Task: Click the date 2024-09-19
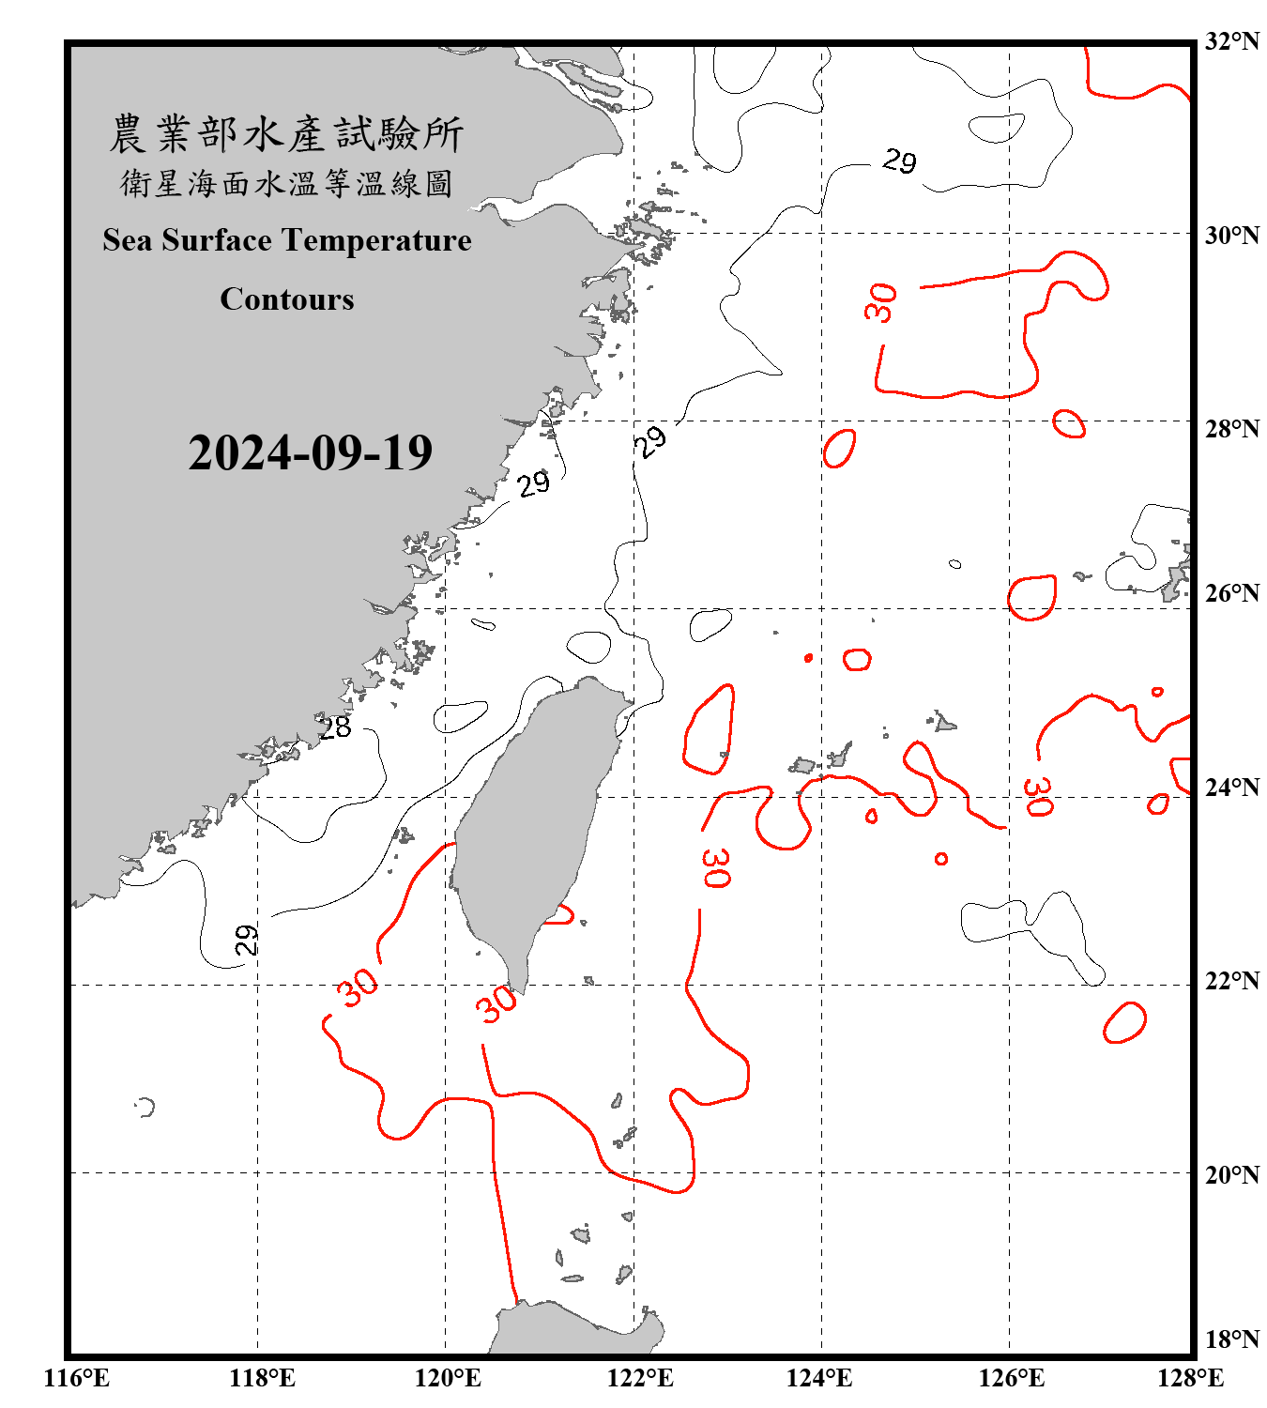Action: coord(310,452)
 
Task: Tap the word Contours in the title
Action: coord(287,298)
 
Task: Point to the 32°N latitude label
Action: coord(1231,41)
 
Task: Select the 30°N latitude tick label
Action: coord(1231,235)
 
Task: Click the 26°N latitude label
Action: coord(1231,593)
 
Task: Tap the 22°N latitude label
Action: coord(1231,981)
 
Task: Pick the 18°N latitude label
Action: coord(1231,1339)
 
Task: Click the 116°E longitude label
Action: coord(77,1378)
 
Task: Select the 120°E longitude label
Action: coord(448,1378)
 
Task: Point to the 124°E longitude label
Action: coord(819,1378)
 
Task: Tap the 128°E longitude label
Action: coord(1190,1378)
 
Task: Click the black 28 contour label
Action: coord(334,727)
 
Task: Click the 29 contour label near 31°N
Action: coord(899,161)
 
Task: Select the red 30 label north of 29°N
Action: coord(880,303)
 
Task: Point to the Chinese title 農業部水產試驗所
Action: coord(286,134)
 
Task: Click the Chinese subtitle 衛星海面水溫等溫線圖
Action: coord(286,183)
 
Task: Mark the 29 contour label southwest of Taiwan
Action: coord(246,940)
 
